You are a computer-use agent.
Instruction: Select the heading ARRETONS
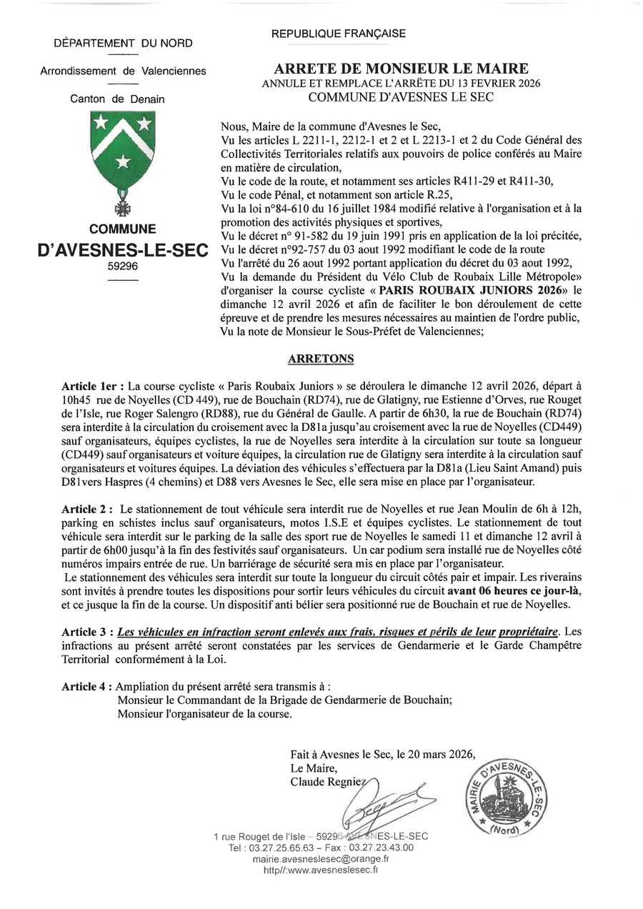tap(321, 358)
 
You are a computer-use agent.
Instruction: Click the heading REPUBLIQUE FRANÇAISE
tap(339, 34)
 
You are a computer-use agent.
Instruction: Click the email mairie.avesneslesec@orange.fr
tap(320, 859)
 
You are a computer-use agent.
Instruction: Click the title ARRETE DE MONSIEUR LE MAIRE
tap(401, 69)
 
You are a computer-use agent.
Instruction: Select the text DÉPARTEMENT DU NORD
tap(124, 44)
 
